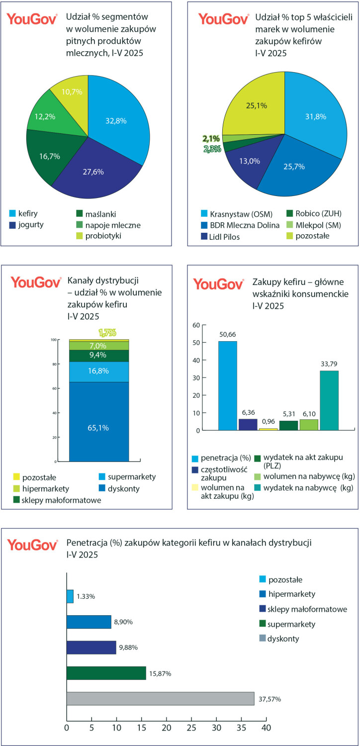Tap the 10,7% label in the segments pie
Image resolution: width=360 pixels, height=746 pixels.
point(72,92)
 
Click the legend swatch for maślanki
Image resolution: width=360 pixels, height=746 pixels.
point(74,215)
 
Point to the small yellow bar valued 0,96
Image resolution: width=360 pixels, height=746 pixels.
point(268,429)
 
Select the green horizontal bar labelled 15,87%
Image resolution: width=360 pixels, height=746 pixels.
point(106,673)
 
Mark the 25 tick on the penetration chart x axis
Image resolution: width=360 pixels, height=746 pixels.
point(191,728)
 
